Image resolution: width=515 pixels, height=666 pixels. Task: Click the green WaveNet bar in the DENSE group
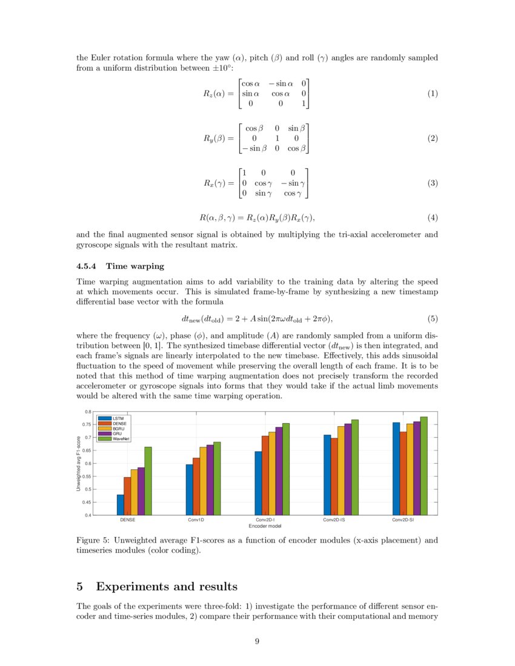pos(148,481)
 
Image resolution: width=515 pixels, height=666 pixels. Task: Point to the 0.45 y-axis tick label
pos(88,502)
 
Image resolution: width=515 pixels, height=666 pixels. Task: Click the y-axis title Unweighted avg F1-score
pos(79,463)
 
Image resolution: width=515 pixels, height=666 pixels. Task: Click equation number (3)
pos(432,183)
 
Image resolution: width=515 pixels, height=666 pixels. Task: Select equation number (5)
pos(432,318)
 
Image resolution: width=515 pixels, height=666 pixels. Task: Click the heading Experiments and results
pos(167,587)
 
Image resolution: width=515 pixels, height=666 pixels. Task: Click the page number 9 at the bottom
pos(257,642)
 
